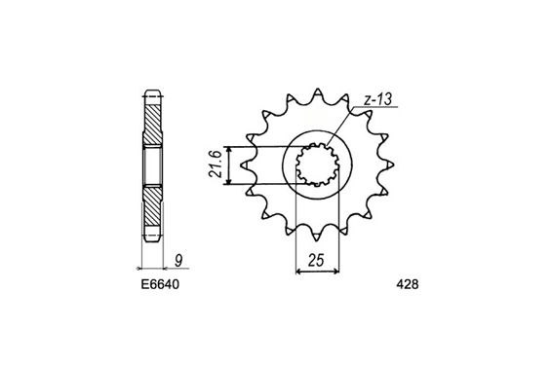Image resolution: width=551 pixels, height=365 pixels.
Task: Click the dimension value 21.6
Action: coord(216,164)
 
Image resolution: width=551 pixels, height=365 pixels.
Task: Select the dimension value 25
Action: coord(316,261)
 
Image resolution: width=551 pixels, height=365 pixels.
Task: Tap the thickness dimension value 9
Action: coord(178,261)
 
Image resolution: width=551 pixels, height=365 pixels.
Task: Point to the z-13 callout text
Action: coord(377,99)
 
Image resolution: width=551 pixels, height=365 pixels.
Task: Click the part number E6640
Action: coord(160,284)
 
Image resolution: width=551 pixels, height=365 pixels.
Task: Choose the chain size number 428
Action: coord(408,284)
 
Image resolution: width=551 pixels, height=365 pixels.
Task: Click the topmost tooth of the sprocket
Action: coord(317,91)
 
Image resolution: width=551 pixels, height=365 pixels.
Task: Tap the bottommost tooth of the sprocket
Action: coord(317,237)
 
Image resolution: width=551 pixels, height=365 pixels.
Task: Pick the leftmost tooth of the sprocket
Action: coord(245,164)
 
